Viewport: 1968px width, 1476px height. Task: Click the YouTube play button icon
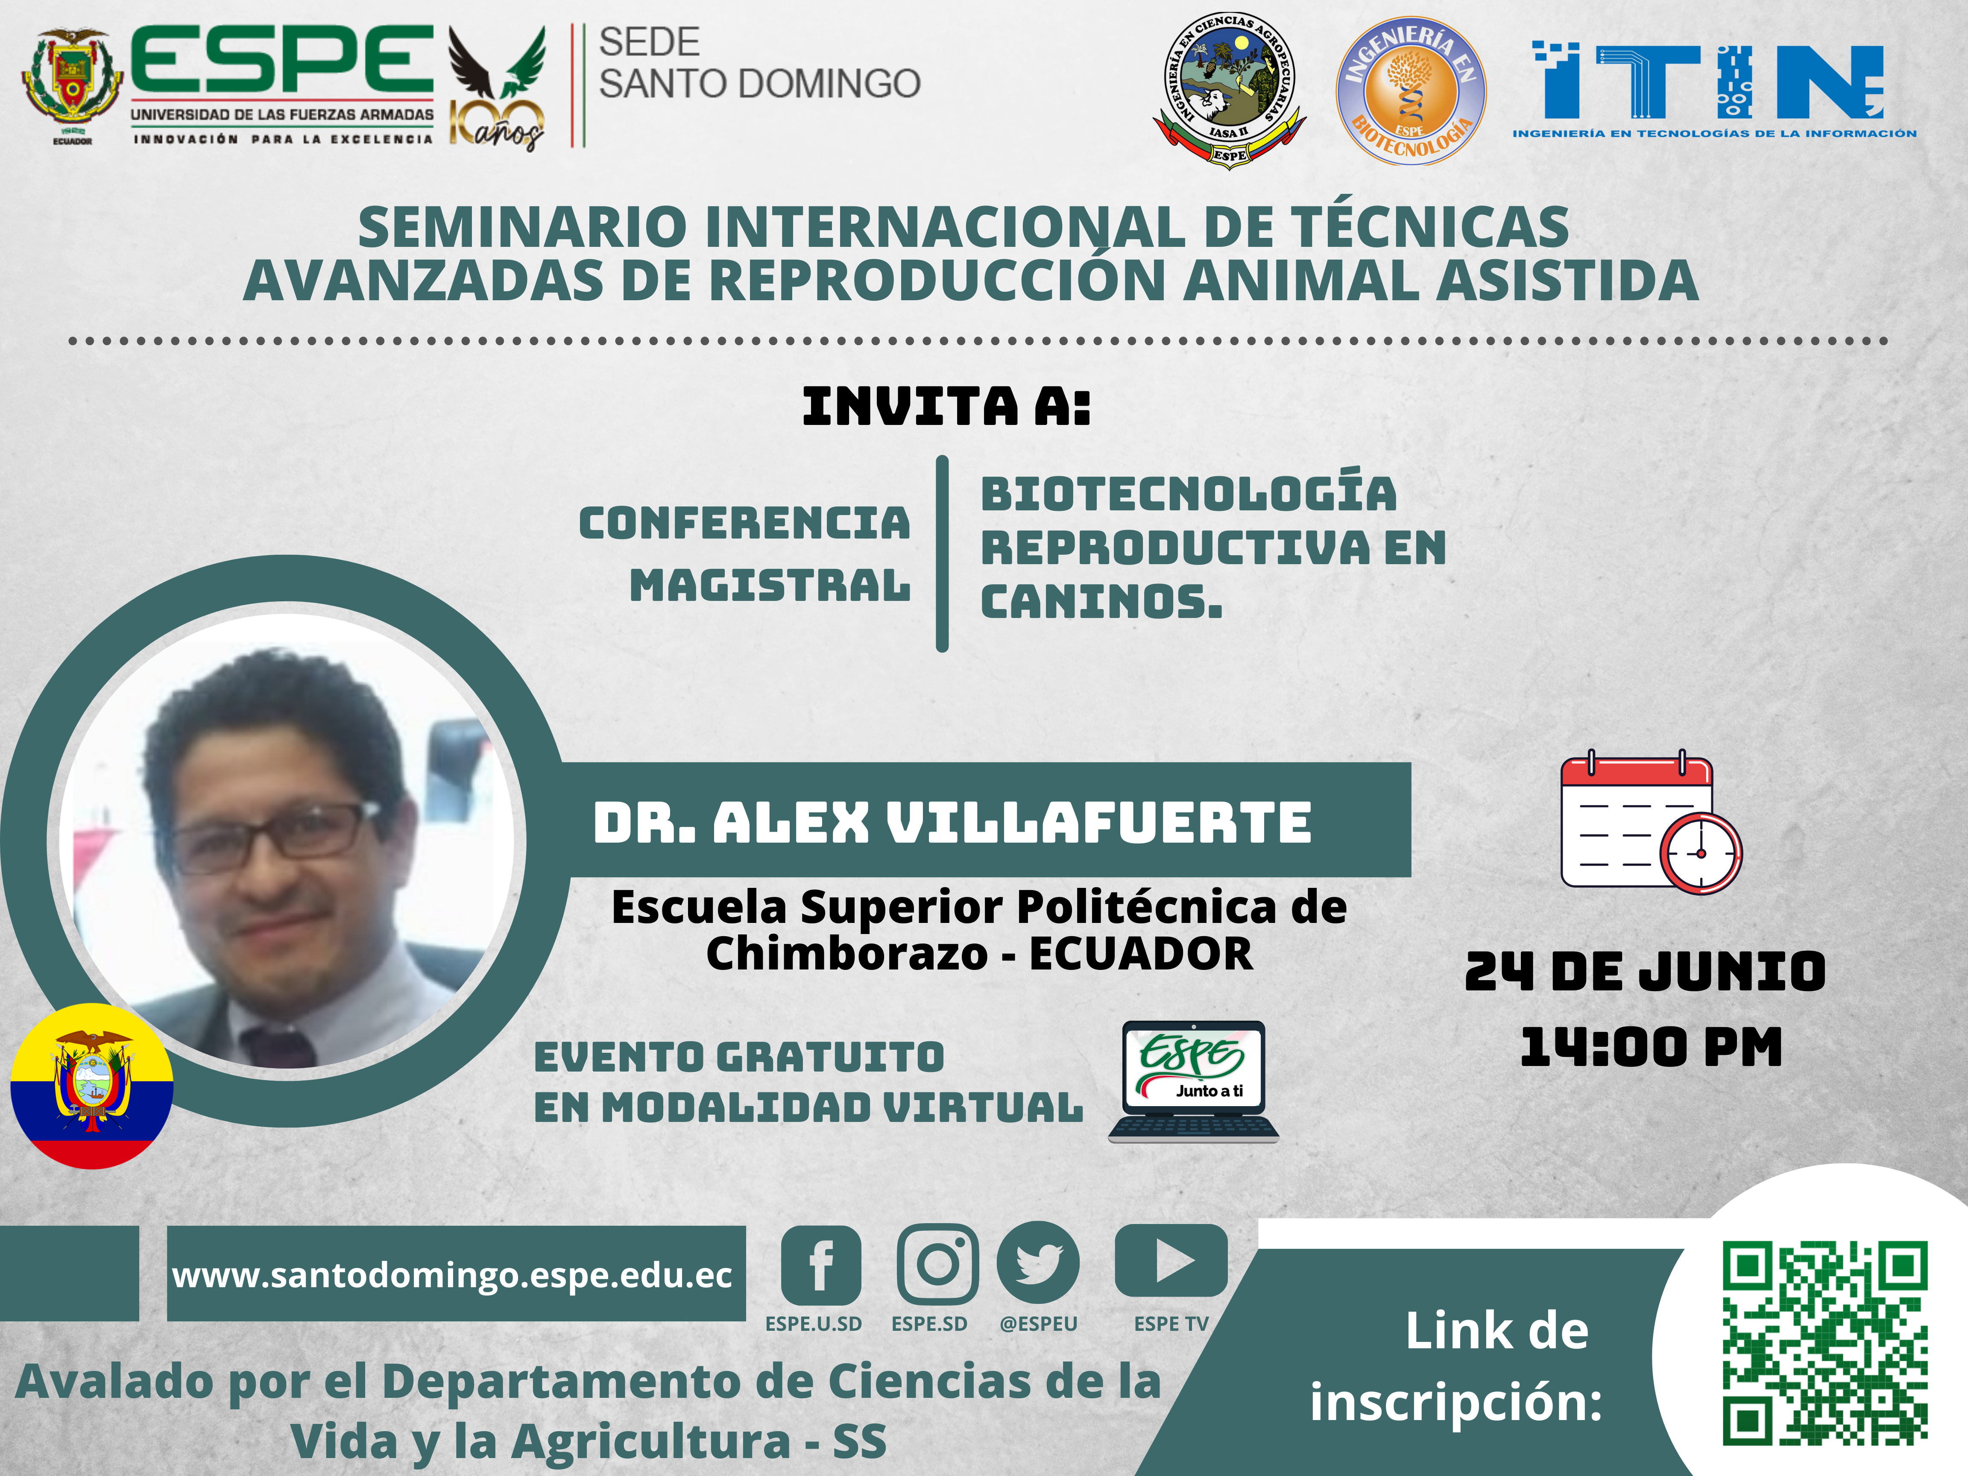point(1171,1261)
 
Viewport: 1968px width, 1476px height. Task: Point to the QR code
point(1825,1344)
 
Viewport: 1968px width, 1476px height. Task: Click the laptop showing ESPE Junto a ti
point(1193,1081)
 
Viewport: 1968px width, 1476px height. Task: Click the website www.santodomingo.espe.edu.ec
point(452,1275)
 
